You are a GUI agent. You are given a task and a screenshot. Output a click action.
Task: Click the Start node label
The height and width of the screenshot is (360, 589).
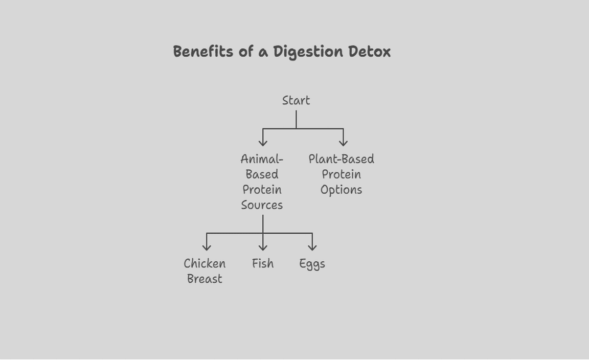(296, 101)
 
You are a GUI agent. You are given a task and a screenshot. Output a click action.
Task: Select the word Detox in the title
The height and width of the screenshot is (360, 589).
(370, 52)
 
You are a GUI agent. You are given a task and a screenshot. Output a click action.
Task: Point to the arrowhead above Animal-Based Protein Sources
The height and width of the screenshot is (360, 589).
(263, 143)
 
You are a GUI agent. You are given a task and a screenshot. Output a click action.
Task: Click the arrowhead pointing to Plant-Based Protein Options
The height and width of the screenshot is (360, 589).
(343, 143)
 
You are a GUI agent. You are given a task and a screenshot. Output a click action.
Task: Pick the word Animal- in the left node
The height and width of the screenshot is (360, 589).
(262, 159)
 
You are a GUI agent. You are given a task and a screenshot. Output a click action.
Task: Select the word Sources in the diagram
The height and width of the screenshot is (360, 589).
(262, 205)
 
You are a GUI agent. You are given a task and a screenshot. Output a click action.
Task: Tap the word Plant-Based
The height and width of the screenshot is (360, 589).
(341, 159)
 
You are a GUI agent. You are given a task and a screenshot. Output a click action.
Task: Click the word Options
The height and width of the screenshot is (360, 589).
(341, 190)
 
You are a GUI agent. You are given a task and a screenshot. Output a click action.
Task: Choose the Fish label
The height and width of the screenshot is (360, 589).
(263, 264)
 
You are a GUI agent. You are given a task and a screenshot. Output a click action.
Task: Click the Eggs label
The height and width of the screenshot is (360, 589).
(312, 264)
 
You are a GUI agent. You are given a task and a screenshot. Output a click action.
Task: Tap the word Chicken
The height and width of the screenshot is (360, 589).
(205, 264)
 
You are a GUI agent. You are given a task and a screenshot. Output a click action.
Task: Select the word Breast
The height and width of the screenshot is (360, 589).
(205, 279)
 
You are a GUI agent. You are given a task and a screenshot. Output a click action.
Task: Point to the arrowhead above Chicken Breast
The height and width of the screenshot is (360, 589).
(207, 247)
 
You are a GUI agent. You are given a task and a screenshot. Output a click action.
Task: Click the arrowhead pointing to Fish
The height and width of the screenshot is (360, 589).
(263, 247)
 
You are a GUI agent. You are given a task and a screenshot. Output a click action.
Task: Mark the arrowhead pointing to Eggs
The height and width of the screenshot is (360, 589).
(312, 247)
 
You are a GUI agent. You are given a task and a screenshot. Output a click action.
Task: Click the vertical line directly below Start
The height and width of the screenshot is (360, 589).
(296, 119)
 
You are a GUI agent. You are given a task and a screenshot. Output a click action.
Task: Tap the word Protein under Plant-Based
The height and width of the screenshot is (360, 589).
(341, 174)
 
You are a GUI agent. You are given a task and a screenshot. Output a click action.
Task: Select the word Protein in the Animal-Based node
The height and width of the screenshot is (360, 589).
(262, 190)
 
